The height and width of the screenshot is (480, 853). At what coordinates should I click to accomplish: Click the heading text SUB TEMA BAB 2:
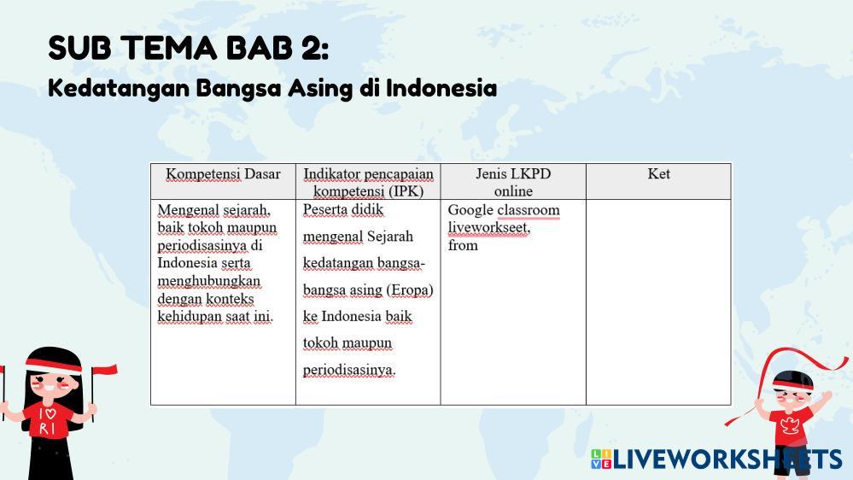[x=188, y=48]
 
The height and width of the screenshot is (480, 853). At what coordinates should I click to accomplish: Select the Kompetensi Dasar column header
[x=223, y=174]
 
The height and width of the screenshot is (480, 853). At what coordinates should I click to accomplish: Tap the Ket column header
[x=658, y=173]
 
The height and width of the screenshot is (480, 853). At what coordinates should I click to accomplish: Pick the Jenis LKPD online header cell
[x=513, y=182]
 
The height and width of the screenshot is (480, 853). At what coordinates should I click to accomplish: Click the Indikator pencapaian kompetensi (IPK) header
[x=368, y=182]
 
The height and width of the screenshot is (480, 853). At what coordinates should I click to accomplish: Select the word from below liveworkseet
[x=463, y=245]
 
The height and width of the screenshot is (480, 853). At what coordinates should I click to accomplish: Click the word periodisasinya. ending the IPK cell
[x=349, y=370]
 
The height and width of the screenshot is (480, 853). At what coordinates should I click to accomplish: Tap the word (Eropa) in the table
[x=410, y=290]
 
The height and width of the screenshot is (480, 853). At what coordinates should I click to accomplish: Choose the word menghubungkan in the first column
[x=209, y=281]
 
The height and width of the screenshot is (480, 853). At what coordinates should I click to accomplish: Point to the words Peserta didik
[x=343, y=209]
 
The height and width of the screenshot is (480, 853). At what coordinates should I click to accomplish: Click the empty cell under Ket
[x=658, y=302]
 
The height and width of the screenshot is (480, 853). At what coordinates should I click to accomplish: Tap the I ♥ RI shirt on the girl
[x=48, y=419]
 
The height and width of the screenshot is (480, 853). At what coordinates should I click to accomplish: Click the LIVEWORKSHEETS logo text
[x=727, y=460]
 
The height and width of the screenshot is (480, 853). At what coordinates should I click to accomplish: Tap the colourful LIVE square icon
[x=601, y=460]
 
